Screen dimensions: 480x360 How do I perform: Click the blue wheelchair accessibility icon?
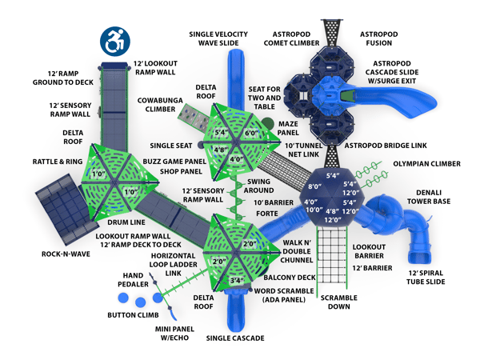(x=115, y=42)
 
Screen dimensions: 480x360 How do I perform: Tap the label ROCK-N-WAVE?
(x=66, y=254)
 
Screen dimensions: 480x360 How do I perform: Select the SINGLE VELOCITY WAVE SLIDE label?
(x=218, y=38)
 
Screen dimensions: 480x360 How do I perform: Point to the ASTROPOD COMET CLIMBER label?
(x=291, y=38)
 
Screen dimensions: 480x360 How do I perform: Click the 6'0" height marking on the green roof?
(x=252, y=133)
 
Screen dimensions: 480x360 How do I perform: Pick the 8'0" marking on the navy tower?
(x=314, y=186)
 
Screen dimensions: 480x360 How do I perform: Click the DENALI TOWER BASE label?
(x=429, y=197)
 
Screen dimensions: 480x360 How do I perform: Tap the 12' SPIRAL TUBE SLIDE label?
(x=426, y=278)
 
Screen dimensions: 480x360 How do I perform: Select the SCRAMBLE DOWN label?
(x=339, y=302)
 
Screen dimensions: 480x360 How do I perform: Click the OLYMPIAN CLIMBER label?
(x=426, y=164)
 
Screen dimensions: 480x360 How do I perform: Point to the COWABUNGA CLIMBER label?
(x=160, y=105)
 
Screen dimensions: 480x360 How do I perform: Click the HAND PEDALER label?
(x=133, y=280)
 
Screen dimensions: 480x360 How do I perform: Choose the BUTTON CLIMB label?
(x=133, y=315)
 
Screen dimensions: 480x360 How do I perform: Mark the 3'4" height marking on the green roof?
(x=237, y=281)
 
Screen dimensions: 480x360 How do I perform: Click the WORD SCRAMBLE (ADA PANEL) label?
(x=284, y=295)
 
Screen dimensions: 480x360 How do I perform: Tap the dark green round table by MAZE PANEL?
(x=267, y=124)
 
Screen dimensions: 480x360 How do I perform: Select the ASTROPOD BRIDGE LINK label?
(x=386, y=146)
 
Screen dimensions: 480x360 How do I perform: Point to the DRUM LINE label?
(x=126, y=222)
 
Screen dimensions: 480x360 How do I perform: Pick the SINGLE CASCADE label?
(x=235, y=338)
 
